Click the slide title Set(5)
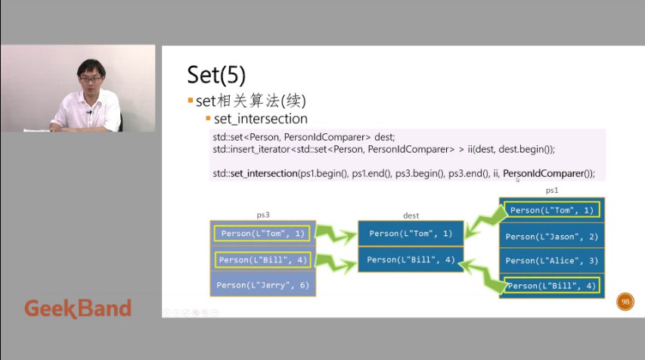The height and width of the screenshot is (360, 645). click(x=216, y=75)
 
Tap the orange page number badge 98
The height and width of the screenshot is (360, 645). click(x=625, y=302)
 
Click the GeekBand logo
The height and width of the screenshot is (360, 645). click(x=78, y=309)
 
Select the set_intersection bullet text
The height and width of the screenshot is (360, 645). click(x=260, y=119)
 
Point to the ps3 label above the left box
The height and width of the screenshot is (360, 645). click(x=263, y=215)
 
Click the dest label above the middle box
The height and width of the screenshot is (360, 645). click(x=411, y=216)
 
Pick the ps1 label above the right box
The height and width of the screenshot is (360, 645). click(x=552, y=190)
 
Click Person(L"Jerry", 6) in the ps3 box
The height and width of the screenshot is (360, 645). click(x=263, y=285)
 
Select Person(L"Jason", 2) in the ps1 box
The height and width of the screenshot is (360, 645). click(x=552, y=237)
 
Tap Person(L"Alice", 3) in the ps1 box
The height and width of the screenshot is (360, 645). click(x=552, y=260)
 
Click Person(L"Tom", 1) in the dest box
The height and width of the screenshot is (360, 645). click(x=411, y=234)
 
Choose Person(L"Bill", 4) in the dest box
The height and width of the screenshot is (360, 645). click(x=411, y=259)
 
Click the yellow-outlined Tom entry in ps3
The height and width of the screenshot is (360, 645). click(x=263, y=234)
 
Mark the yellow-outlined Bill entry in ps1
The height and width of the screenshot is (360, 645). click(x=552, y=286)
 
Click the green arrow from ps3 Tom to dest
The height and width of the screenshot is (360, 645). click(x=336, y=234)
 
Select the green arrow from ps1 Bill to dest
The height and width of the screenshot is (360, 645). click(x=482, y=275)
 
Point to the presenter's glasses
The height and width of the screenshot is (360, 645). click(x=91, y=79)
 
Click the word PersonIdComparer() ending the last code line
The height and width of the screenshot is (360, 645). click(x=548, y=174)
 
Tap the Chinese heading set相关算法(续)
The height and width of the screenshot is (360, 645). click(x=250, y=101)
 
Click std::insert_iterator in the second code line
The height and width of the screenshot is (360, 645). click(x=252, y=149)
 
